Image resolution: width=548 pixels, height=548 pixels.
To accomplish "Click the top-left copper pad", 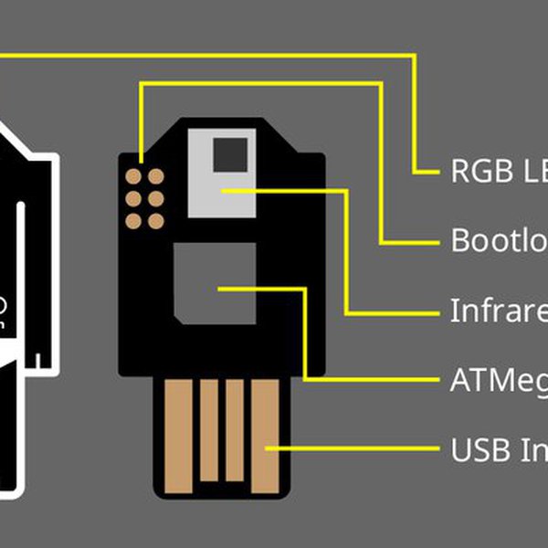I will click(x=133, y=176).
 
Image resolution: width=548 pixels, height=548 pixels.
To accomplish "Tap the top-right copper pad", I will click(x=156, y=176).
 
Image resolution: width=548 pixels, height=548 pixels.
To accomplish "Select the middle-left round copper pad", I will click(x=133, y=198).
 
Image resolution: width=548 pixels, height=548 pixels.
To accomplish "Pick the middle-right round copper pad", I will click(x=156, y=198).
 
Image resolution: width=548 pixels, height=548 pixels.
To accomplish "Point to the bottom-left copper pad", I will click(x=133, y=220).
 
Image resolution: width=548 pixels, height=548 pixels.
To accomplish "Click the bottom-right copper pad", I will click(x=156, y=220).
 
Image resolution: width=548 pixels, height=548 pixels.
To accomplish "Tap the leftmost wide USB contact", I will click(x=178, y=429).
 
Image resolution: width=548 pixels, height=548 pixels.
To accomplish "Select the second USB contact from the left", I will click(x=209, y=429).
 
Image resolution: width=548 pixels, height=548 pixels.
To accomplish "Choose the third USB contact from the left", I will click(x=235, y=429).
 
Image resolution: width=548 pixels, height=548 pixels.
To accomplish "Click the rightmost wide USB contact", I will click(x=265, y=429).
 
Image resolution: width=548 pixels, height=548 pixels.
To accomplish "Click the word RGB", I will click(x=471, y=172).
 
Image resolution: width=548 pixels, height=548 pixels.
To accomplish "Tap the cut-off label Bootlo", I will click(x=499, y=241).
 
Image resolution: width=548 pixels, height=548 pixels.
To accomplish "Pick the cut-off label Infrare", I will click(x=499, y=311).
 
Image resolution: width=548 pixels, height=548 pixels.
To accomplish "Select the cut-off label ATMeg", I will click(x=499, y=380).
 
